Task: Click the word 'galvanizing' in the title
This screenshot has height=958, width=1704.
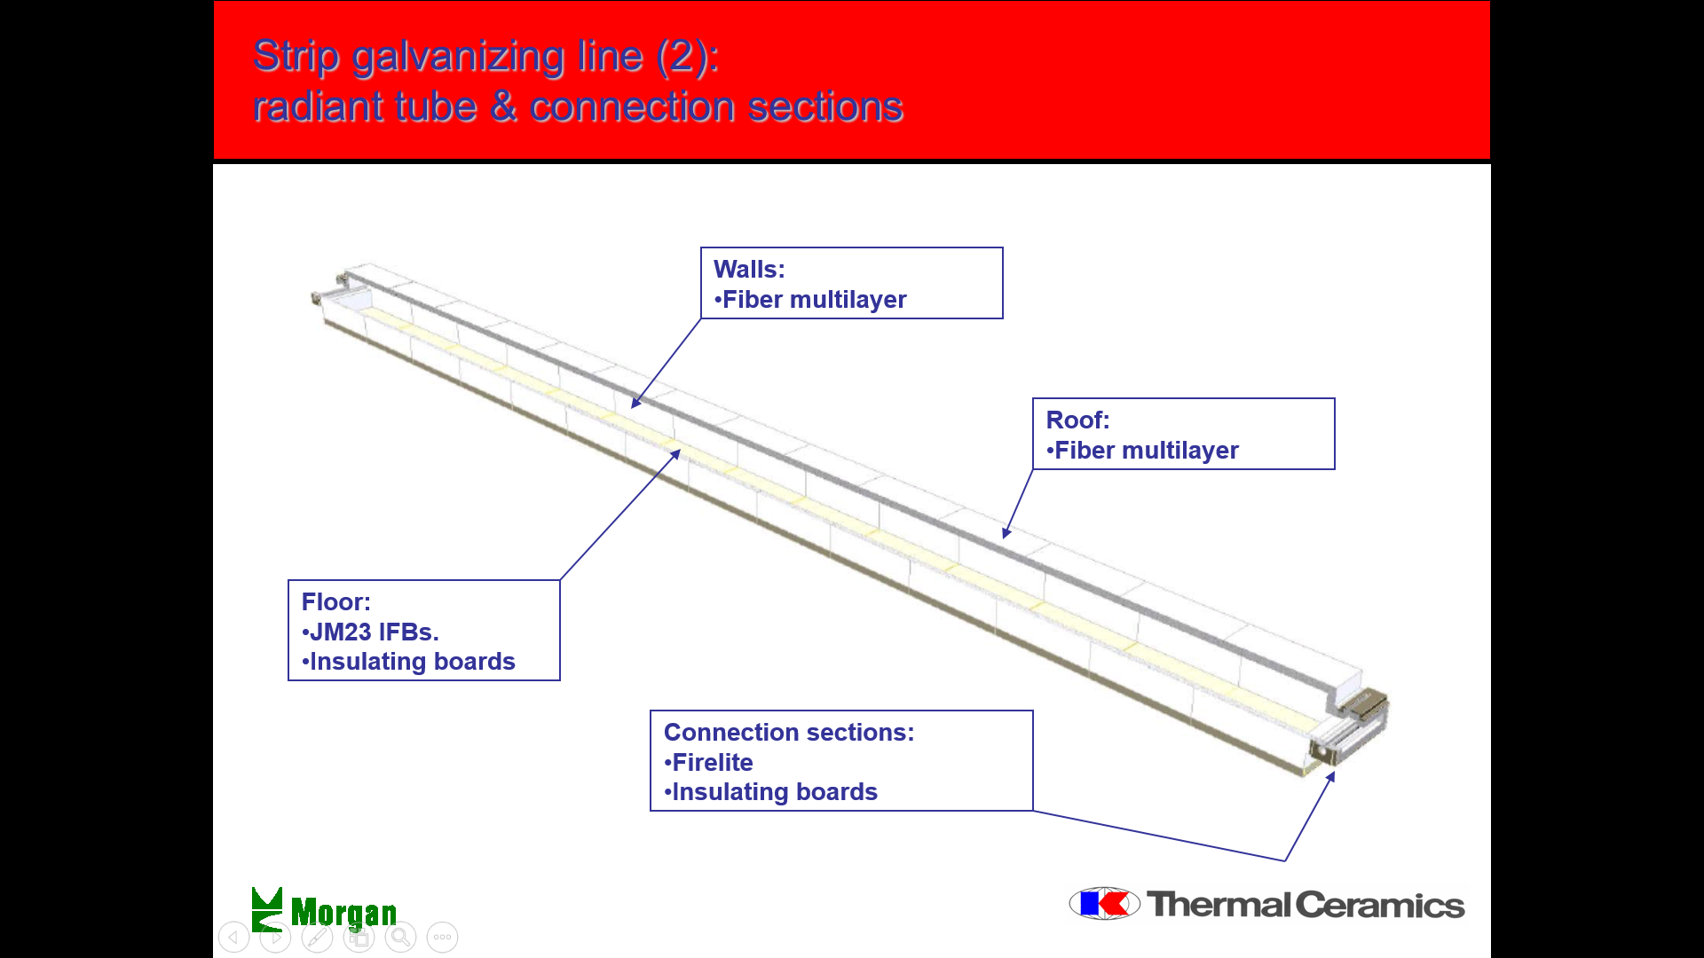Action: (460, 58)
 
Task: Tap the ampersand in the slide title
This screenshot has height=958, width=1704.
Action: (503, 106)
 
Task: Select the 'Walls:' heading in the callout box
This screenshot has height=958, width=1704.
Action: (749, 269)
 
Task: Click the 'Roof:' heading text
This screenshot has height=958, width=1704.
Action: (1077, 420)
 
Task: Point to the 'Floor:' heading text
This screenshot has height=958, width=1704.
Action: (335, 601)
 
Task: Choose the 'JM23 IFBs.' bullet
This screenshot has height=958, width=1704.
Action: (370, 632)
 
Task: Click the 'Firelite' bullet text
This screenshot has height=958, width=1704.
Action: (708, 762)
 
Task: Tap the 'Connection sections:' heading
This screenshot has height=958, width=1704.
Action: (789, 732)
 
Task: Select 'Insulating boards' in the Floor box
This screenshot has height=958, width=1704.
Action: (408, 662)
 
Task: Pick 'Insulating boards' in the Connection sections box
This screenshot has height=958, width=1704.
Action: (770, 792)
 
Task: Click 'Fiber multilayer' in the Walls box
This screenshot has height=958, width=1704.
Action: (810, 300)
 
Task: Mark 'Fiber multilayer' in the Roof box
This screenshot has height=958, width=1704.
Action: (1142, 451)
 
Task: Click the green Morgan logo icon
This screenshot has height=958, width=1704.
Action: (267, 909)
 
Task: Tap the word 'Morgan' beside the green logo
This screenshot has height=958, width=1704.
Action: (343, 913)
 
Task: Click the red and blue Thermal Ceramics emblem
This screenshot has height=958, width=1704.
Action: (1105, 904)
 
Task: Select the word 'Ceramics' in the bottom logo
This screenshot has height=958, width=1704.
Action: (1380, 905)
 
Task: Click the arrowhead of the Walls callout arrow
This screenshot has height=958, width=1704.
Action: (635, 404)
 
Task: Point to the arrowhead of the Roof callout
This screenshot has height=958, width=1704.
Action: (1006, 533)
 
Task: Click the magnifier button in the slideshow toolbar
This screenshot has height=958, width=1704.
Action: (400, 937)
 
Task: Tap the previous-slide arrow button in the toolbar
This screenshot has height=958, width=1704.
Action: (233, 937)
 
